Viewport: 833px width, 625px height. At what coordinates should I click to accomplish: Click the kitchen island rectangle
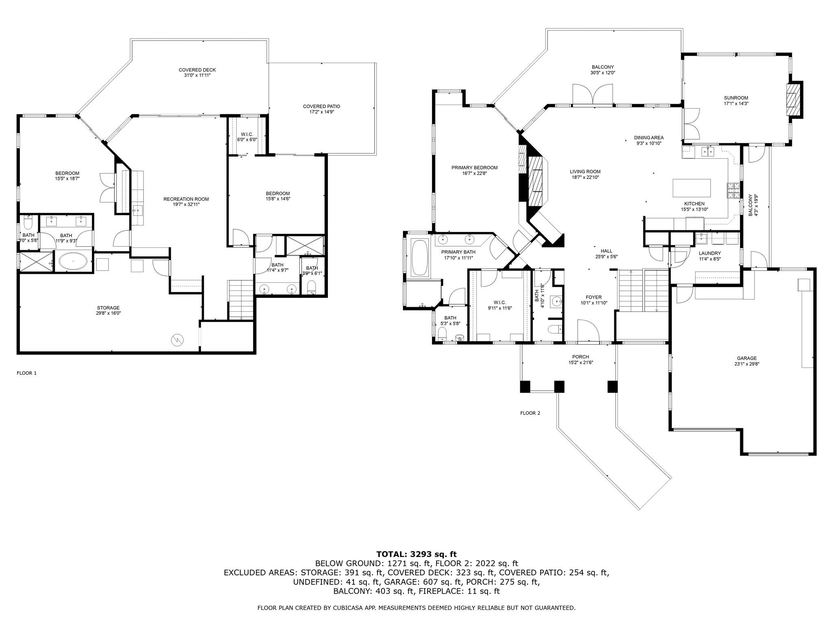coord(691,188)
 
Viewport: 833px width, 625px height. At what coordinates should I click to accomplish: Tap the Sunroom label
coord(736,98)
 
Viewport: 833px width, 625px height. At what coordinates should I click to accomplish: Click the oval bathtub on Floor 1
coord(73,261)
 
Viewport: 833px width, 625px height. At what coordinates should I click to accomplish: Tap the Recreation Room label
coord(186,199)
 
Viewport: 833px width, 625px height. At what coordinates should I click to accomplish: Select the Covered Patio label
coord(321,106)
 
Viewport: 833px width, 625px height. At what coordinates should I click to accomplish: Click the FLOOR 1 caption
coord(26,373)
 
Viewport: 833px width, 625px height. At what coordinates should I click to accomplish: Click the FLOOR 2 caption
coord(530,413)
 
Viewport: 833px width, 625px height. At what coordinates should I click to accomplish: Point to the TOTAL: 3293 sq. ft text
coord(416,554)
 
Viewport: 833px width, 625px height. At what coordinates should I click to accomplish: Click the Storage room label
coord(108,308)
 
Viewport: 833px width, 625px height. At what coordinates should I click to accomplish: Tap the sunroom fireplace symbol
coord(792,100)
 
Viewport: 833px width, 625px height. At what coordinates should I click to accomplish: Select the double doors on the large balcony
coord(592,94)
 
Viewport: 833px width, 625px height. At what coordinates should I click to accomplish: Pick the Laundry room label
coord(710,253)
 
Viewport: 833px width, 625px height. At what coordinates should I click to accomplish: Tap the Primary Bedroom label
coord(474,168)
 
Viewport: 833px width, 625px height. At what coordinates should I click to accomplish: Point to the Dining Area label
coord(648,138)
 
